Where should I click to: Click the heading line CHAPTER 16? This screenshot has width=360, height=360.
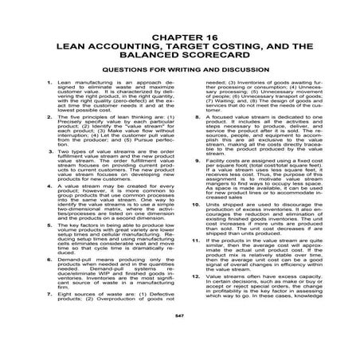point(179,37)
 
